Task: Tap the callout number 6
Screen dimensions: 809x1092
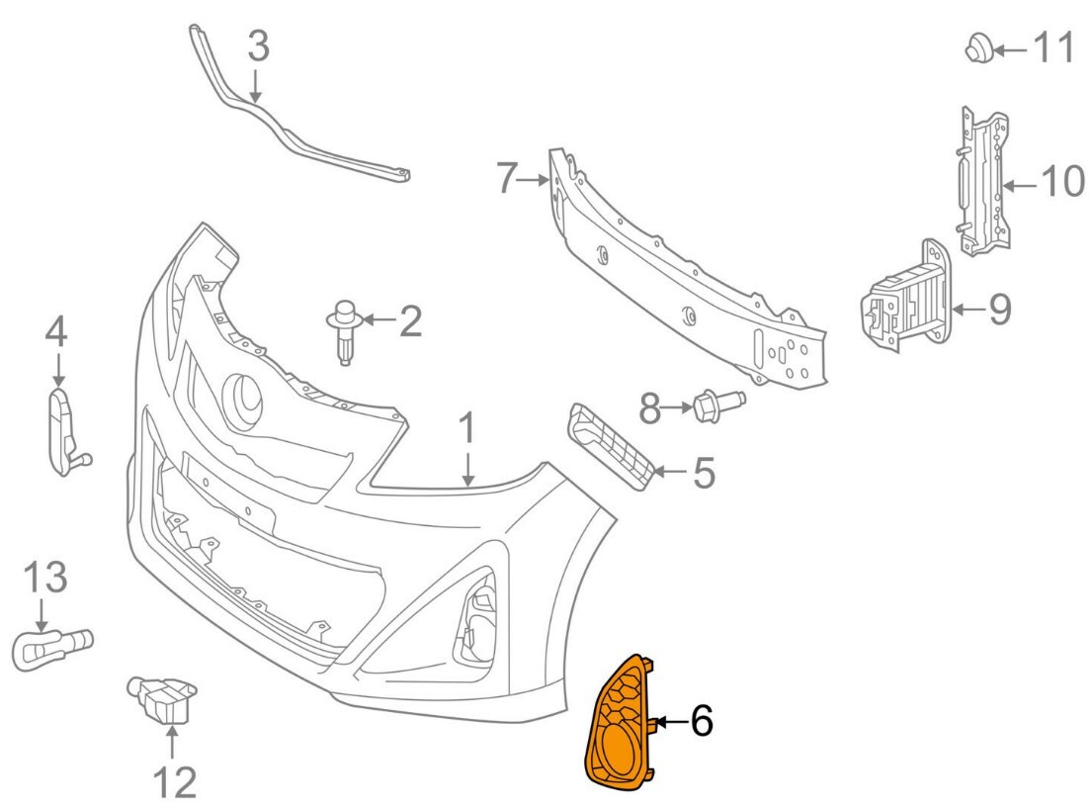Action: point(701,722)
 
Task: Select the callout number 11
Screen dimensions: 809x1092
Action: point(1053,46)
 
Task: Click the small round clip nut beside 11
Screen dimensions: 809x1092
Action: point(978,46)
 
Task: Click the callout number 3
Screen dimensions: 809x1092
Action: point(257,46)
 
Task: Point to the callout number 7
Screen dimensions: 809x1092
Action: point(506,179)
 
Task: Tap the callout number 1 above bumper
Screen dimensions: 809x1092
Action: point(467,430)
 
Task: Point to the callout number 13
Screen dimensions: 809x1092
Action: point(43,577)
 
